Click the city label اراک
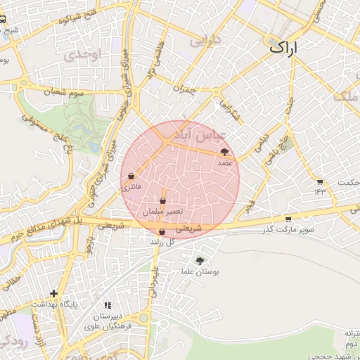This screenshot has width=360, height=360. click(284, 48)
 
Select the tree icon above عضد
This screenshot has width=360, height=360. click(224, 151)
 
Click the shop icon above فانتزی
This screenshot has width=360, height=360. click(131, 176)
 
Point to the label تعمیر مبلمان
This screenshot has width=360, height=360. click(162, 211)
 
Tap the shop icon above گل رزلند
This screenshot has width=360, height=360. click(162, 231)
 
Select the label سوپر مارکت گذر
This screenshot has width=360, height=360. click(288, 229)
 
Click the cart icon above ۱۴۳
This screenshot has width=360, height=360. click(321, 181)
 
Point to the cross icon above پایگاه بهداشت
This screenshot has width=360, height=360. click(54, 292)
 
